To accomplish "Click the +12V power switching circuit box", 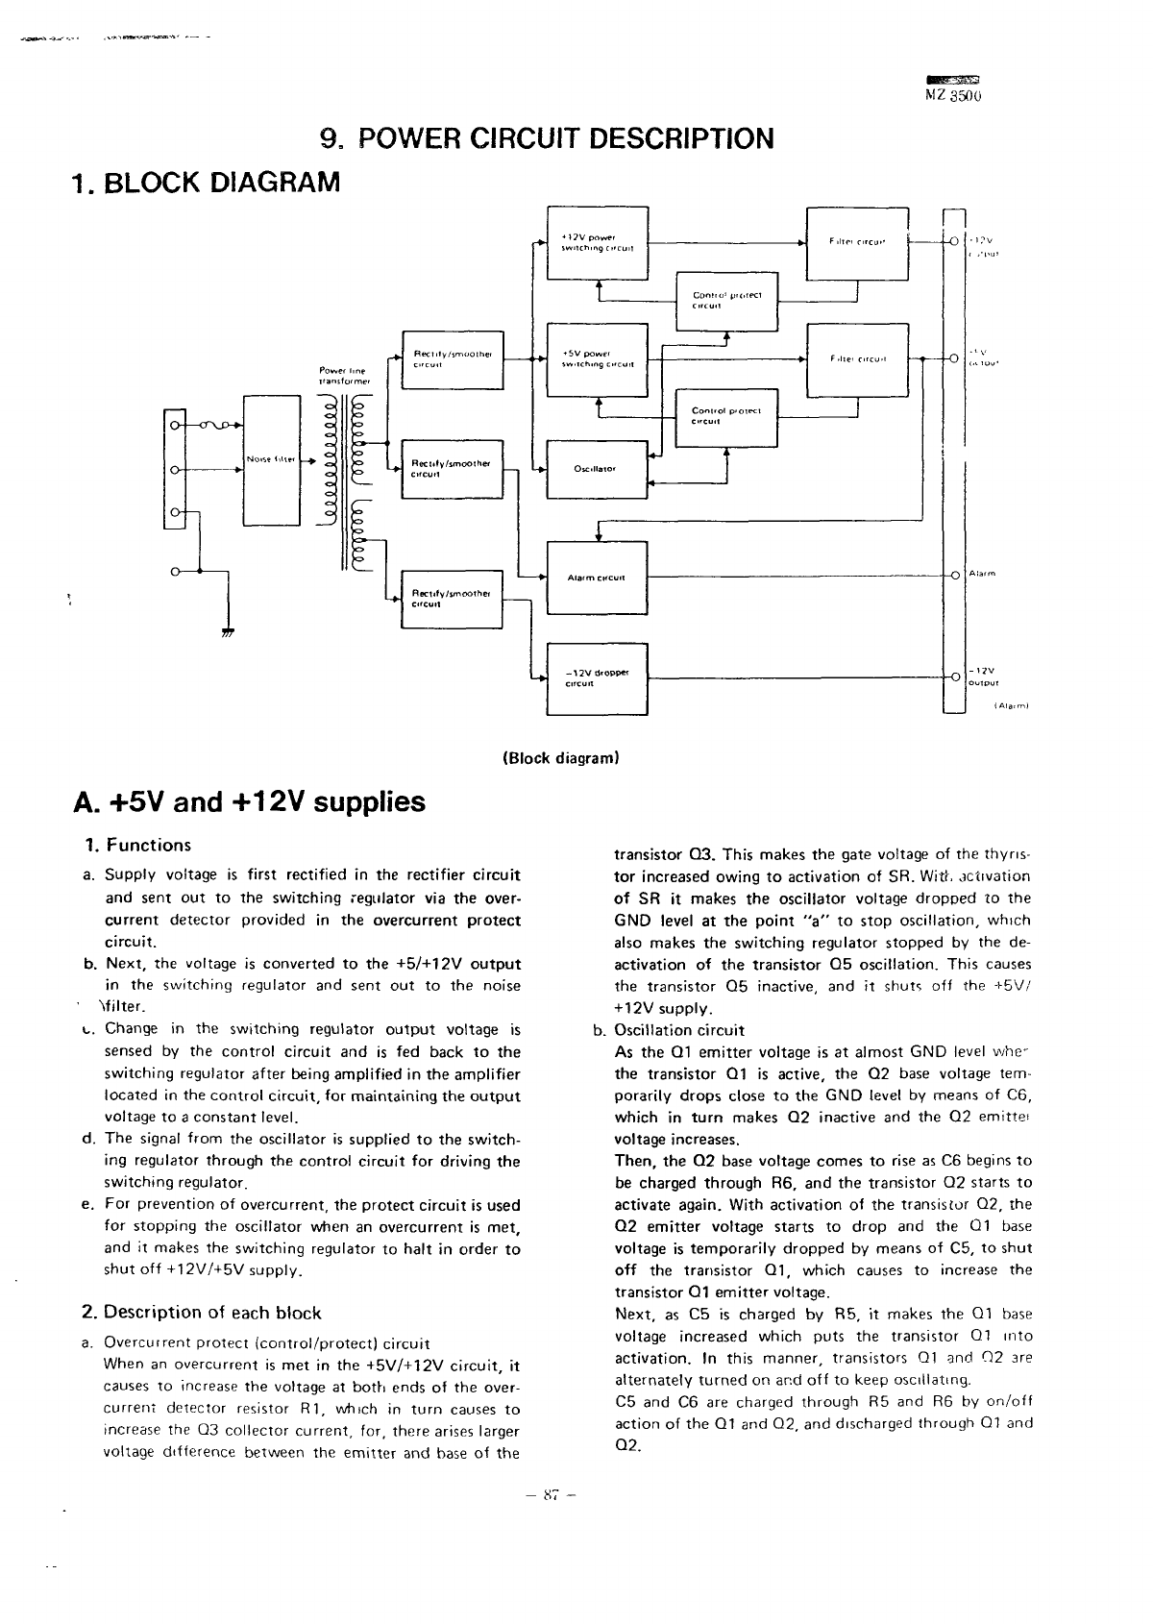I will pos(598,243).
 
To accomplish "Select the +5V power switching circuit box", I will pos(598,359).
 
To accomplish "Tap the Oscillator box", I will pos(597,469).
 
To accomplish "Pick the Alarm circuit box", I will pos(597,578).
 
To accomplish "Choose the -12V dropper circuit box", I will pos(597,677).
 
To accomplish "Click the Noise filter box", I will pos(272,459).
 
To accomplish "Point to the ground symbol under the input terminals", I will pos(229,631).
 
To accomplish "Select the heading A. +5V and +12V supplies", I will pos(249,801).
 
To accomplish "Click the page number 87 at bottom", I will pos(551,1494).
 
